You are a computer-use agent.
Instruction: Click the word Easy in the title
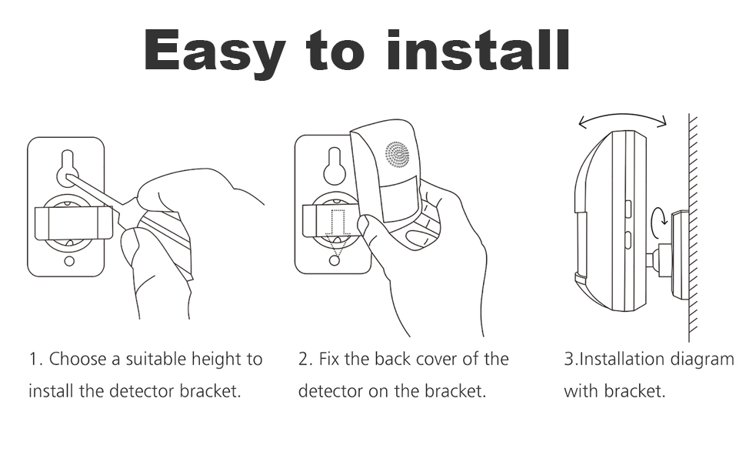click(x=215, y=52)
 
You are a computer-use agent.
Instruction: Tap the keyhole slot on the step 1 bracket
click(x=68, y=169)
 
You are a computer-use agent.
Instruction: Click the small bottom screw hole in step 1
click(x=69, y=261)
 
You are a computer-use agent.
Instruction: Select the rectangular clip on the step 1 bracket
click(x=74, y=223)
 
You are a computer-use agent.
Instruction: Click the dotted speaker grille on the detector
click(x=398, y=154)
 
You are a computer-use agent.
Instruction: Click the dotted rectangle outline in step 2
click(x=338, y=222)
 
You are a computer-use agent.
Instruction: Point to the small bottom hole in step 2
click(x=335, y=260)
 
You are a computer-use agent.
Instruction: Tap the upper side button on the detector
click(x=628, y=209)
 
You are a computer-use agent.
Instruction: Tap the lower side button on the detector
click(x=628, y=240)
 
